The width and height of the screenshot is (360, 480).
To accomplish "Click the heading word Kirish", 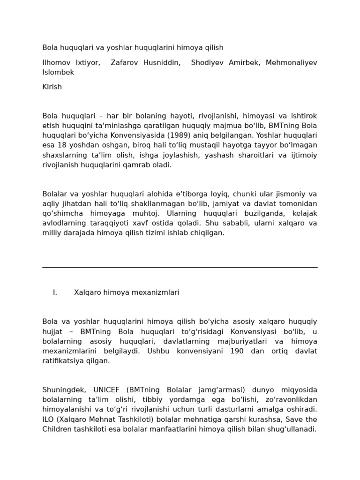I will [x=52, y=87].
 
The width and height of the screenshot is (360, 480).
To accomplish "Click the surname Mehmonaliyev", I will [x=291, y=63].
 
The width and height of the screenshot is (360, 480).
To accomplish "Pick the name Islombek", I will [x=58, y=73].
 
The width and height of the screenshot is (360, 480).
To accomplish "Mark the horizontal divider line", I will [x=180, y=268].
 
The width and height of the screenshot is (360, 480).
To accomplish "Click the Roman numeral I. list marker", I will [x=55, y=292].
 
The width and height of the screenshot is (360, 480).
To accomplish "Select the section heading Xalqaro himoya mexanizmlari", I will [x=127, y=292].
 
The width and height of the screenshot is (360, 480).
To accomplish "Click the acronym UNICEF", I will [x=106, y=390].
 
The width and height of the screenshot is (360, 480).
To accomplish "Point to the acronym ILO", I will [x=48, y=419].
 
